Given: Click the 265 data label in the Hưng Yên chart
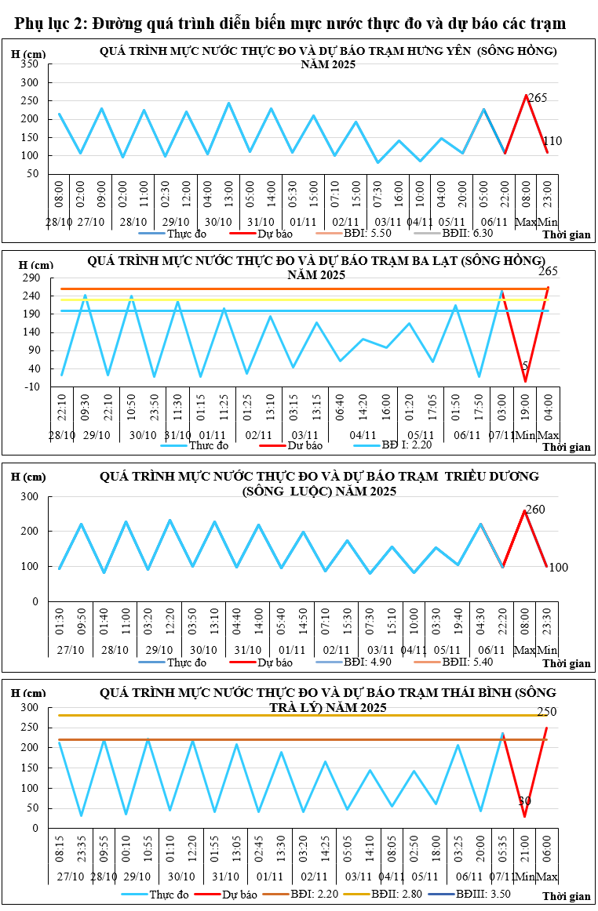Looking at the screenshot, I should point(538,98).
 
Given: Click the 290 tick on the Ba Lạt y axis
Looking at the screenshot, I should point(30,278).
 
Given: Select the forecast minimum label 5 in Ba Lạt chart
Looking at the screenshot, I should point(525,366).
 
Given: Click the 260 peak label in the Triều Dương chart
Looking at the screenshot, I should point(534,510).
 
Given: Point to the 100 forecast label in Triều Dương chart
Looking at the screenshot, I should point(558,567).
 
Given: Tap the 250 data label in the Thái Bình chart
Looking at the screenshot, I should point(547,712).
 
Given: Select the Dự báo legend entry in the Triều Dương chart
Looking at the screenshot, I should point(273,662).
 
